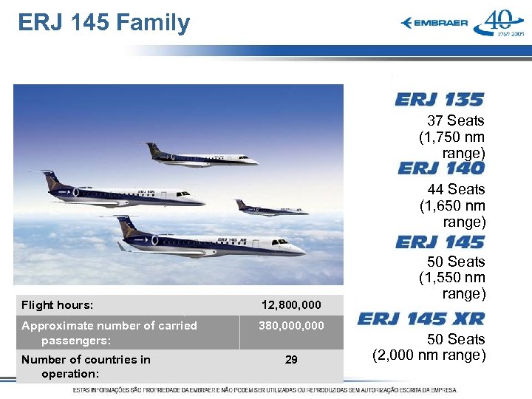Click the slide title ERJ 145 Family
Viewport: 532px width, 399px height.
[x=104, y=23]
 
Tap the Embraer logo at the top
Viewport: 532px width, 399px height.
[x=434, y=23]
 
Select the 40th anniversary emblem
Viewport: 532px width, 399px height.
[x=499, y=22]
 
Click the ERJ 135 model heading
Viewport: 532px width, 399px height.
[x=439, y=100]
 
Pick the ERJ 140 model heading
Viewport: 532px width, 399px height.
[x=440, y=168]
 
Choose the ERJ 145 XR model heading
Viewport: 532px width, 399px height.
[x=421, y=319]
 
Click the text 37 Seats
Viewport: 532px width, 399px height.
[x=455, y=120]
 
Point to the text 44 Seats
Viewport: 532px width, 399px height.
[x=455, y=189]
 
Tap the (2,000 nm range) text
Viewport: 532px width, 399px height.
[x=429, y=355]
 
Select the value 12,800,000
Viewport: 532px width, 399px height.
[x=291, y=304]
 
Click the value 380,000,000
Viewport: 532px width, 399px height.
[x=291, y=325]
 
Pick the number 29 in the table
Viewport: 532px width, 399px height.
[x=291, y=359]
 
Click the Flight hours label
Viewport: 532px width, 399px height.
[x=58, y=304]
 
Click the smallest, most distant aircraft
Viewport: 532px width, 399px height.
[x=270, y=208]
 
